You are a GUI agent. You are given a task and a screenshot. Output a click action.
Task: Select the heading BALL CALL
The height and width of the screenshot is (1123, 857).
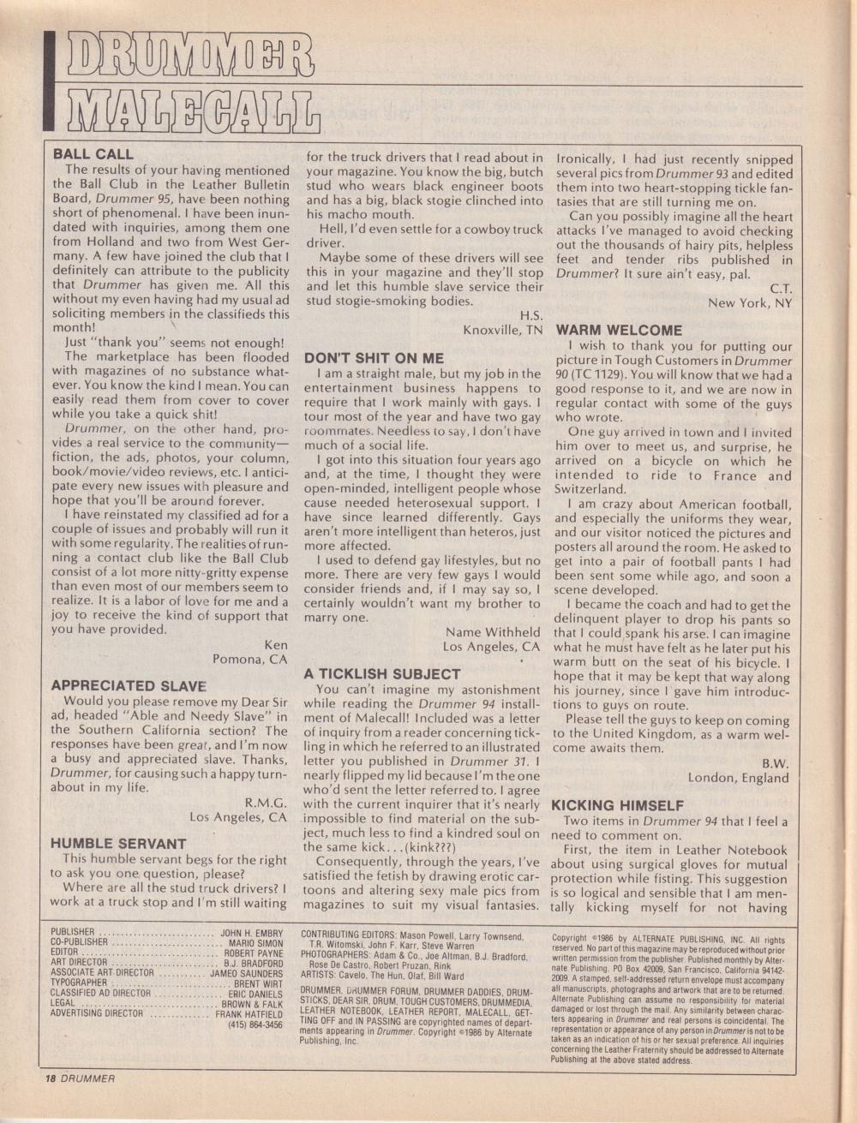(93, 155)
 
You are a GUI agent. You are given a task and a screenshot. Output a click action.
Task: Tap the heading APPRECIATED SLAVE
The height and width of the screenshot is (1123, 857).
(129, 686)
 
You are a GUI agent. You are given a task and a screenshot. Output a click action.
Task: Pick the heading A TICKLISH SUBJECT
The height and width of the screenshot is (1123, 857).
(382, 674)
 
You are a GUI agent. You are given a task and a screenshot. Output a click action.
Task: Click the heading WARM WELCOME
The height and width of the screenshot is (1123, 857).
(619, 330)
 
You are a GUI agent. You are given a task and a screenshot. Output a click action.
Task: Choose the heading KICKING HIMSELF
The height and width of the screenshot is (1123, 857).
(617, 805)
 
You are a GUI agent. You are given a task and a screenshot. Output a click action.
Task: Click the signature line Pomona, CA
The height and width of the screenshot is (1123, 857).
(249, 659)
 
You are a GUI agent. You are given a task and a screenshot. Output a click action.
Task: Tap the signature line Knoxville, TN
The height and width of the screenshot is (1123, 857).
(502, 330)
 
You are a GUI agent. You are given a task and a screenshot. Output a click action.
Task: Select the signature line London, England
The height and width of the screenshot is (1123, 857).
(738, 778)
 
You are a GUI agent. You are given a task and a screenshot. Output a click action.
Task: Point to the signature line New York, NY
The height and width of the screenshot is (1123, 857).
(750, 303)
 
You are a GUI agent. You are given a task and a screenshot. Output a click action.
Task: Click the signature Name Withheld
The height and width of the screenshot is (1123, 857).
(492, 632)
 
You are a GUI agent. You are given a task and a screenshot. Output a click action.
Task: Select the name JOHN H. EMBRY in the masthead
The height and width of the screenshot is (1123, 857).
(251, 935)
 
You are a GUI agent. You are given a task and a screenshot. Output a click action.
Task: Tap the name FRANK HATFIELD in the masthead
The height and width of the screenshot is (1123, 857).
(249, 1013)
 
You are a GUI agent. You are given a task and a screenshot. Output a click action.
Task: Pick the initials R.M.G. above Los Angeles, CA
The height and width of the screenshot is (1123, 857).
(266, 803)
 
